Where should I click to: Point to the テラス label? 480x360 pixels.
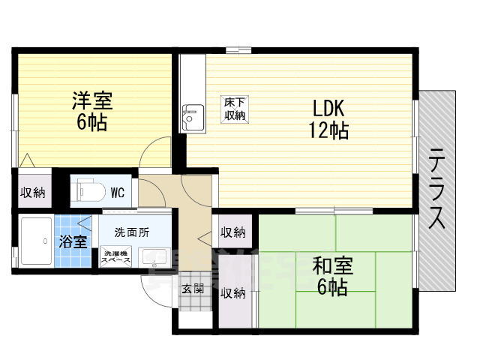tap(438, 189)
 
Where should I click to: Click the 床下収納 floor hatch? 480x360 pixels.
tap(234, 109)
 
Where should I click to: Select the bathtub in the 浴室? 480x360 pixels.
tap(35, 240)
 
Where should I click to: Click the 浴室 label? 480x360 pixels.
tap(73, 241)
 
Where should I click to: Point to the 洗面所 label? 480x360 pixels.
tap(131, 232)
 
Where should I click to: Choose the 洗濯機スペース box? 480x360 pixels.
tap(116, 256)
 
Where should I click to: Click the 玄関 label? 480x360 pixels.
tap(192, 288)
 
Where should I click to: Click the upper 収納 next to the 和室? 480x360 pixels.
tap(233, 232)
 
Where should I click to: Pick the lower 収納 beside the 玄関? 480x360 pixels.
tap(233, 292)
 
